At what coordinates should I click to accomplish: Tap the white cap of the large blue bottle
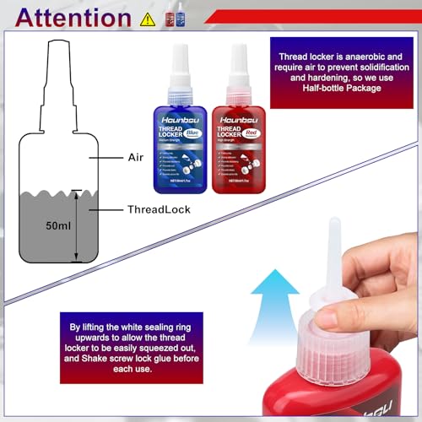click(181, 60)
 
